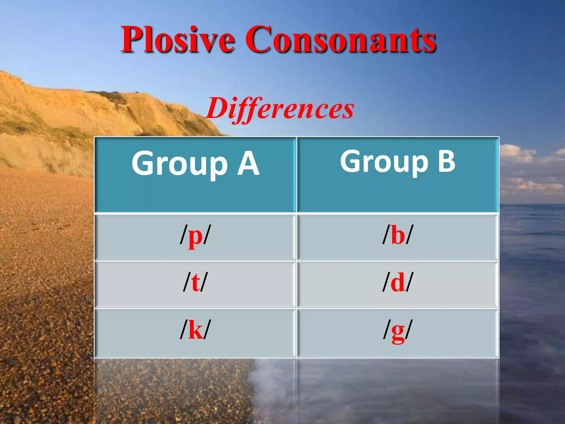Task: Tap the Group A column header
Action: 195,174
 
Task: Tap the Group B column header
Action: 398,174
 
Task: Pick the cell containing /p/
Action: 195,237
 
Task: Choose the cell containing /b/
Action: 398,237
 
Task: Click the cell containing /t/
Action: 195,284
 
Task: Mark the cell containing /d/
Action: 398,284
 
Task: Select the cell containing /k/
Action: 195,333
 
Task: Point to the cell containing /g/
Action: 398,333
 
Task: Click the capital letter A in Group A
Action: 248,164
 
